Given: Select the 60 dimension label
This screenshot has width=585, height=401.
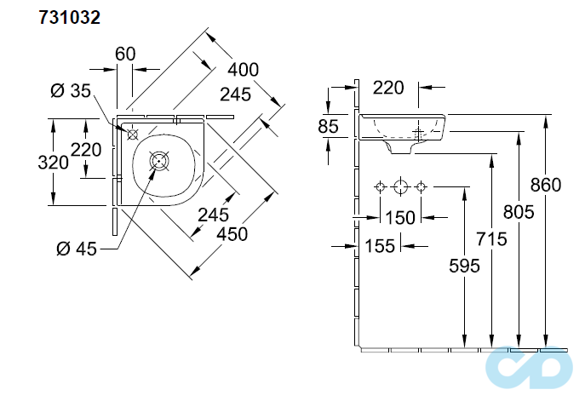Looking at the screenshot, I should pos(125,54).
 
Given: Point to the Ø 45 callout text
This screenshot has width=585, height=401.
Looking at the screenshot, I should pos(74,248).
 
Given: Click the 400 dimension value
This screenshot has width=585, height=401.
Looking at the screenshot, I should pos(243,70).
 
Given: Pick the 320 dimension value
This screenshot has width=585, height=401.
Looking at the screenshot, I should pos(53,163).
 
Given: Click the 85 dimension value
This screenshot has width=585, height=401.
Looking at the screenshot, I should pos(328,127).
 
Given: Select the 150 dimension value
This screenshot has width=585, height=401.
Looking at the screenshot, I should pos(399,217).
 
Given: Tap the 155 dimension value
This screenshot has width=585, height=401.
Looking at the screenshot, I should pos(379,246).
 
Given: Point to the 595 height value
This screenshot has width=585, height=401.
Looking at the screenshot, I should pos(463,266).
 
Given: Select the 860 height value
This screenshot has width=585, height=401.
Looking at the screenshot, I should pos(545,184).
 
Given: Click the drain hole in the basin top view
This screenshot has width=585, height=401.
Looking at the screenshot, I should pos(159,159).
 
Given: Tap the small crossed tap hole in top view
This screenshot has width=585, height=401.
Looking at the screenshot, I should pos(132,134).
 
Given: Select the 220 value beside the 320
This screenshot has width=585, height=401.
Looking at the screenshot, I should pos(86,150).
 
